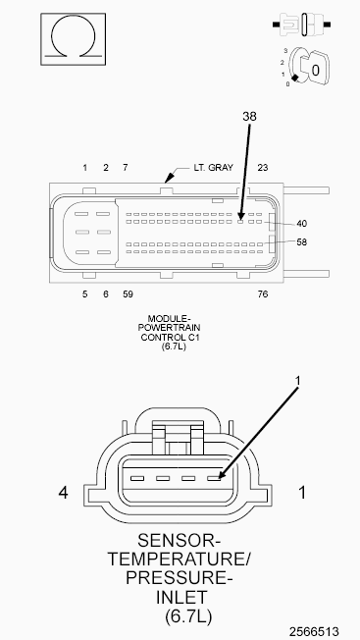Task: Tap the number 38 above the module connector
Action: (249, 117)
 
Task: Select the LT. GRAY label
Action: (213, 167)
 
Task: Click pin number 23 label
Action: (263, 167)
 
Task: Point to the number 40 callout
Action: (302, 224)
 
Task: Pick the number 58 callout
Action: (302, 242)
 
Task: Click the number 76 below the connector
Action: (263, 293)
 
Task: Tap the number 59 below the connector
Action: (128, 293)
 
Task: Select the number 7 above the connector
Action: (126, 167)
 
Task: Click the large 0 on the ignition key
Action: (316, 71)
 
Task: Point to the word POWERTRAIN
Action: (169, 328)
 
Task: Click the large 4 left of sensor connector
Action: (63, 493)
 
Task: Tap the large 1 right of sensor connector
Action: (302, 493)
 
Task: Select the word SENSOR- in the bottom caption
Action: (179, 541)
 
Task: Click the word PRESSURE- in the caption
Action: (179, 578)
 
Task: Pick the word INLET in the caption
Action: (181, 597)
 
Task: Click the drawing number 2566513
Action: (314, 631)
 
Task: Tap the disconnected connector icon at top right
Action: (302, 25)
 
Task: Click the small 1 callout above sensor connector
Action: (297, 381)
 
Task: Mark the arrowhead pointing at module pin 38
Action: (241, 216)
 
